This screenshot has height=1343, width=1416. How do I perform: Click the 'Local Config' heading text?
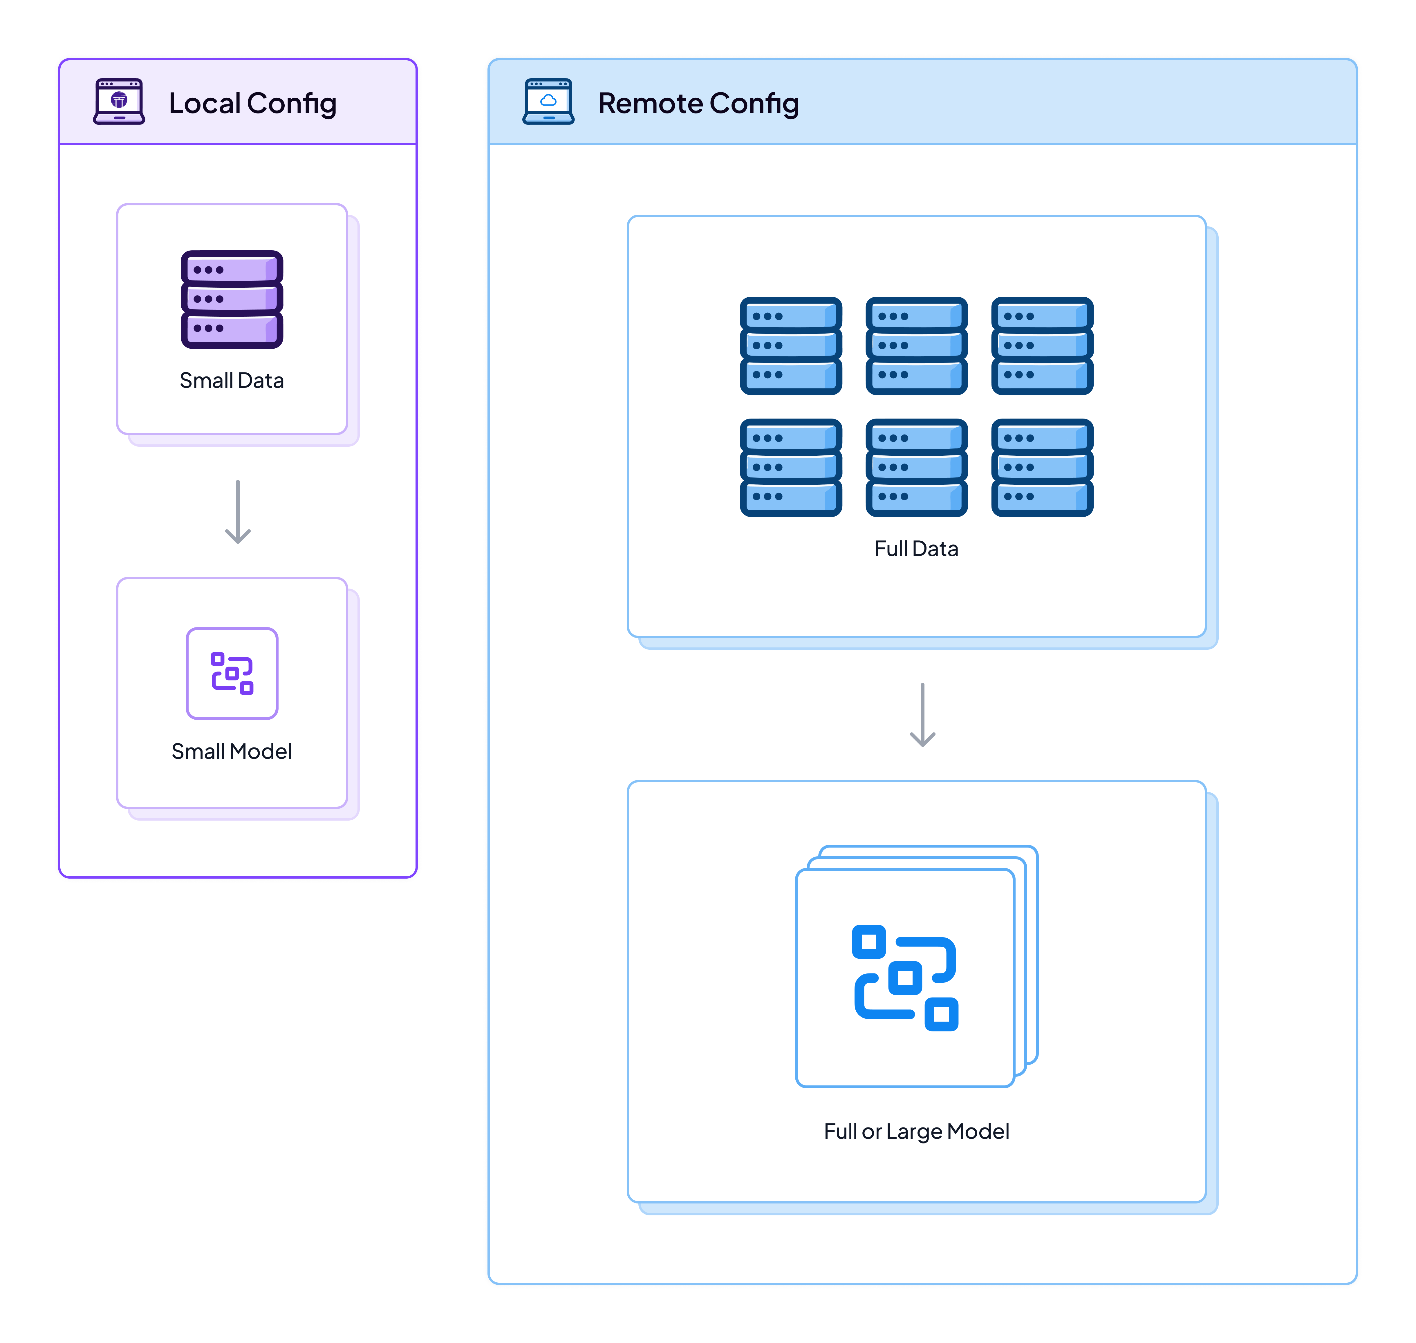(252, 104)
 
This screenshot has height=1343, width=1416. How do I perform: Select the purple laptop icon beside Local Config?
(119, 102)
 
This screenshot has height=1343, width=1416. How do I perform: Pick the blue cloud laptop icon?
(548, 102)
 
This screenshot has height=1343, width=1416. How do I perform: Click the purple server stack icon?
(231, 299)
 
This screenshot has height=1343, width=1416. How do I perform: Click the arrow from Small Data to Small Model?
(238, 512)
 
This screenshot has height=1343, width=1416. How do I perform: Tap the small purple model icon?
(231, 673)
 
